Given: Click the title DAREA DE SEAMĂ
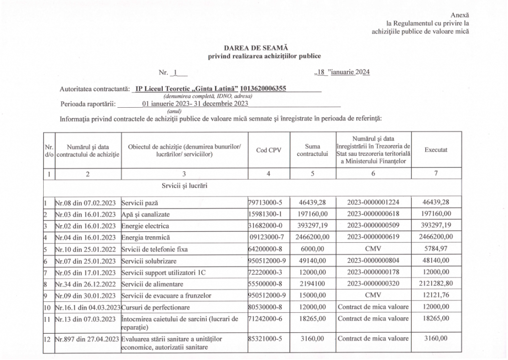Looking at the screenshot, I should [250, 48].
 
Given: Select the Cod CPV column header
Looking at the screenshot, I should [268, 150].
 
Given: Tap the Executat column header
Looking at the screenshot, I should [436, 149].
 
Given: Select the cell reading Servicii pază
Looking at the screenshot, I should [142, 203].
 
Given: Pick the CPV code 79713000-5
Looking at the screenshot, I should [267, 203].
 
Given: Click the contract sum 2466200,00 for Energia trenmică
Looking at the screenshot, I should [313, 236].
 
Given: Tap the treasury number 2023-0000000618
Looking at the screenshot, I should [373, 214].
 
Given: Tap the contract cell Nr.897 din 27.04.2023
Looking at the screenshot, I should [87, 339].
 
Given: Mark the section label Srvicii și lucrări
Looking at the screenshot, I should [184, 186].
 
